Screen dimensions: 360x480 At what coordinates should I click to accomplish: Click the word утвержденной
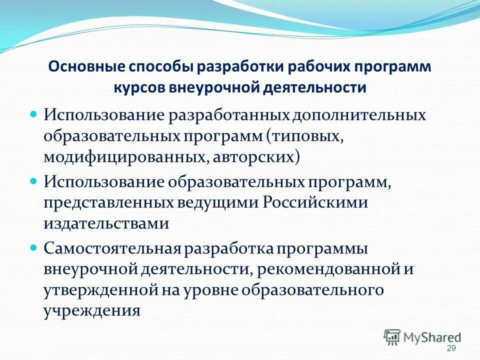point(100,290)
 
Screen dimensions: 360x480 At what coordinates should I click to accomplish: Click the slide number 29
point(451,348)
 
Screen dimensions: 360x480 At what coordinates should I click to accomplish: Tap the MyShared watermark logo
point(422,337)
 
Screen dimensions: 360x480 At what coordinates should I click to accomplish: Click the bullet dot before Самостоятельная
point(34,247)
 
